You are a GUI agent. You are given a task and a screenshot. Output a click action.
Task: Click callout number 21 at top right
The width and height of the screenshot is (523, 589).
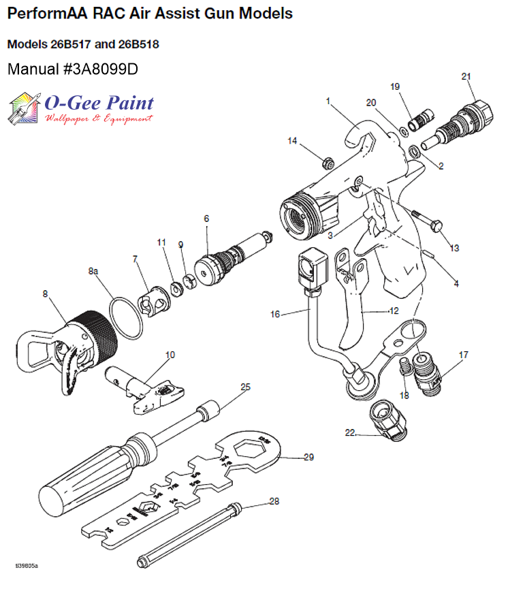click(x=466, y=76)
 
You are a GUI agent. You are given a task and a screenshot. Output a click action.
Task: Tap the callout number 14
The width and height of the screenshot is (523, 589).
click(x=292, y=141)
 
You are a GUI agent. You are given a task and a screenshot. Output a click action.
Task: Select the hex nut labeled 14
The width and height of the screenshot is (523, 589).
click(x=327, y=162)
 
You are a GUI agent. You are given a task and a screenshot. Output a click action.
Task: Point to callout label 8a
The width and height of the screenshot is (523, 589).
click(x=94, y=271)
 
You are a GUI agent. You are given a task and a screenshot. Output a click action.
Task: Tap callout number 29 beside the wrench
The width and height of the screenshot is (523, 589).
click(x=308, y=457)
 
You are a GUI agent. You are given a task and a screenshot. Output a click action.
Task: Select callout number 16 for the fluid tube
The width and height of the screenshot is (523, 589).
click(x=275, y=315)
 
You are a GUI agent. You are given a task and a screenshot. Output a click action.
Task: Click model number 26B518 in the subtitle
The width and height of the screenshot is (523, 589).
click(x=141, y=45)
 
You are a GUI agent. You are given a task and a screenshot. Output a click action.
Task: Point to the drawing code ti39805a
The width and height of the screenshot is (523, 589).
click(x=27, y=566)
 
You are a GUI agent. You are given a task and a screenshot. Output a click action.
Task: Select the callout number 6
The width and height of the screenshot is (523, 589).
click(x=206, y=219)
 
